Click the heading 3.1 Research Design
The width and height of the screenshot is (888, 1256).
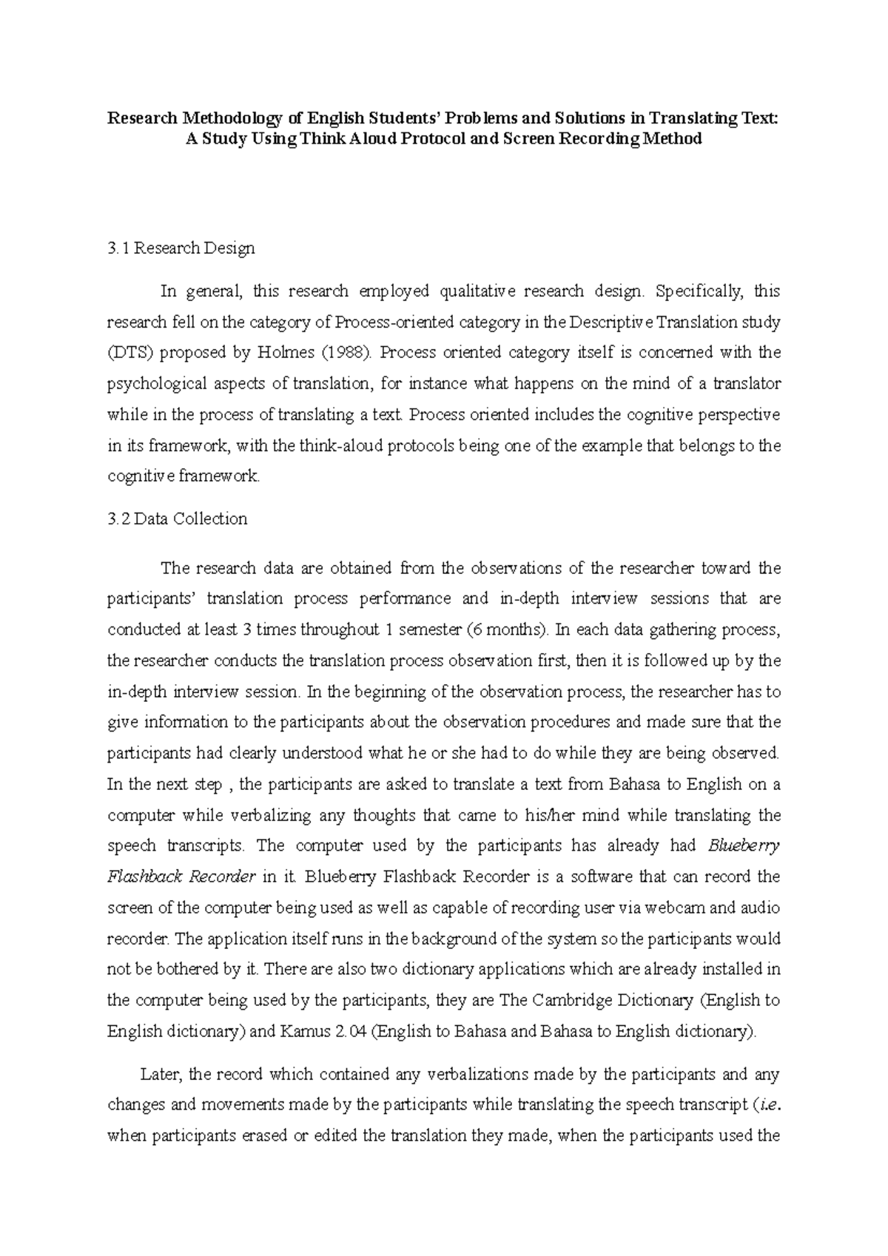(181, 249)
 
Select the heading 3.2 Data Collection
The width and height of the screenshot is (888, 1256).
(178, 519)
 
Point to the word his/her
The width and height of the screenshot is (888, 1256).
(556, 816)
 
